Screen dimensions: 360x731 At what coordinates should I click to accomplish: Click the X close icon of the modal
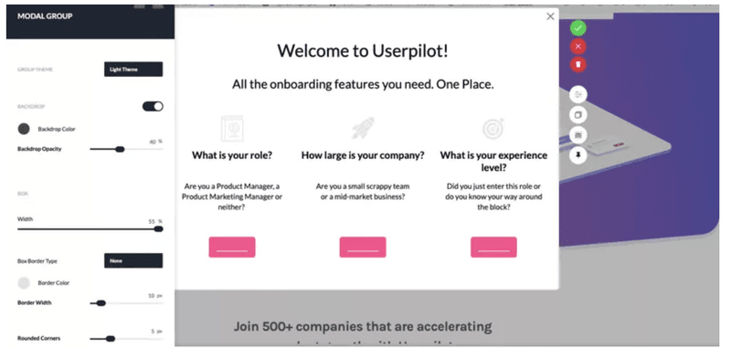(550, 16)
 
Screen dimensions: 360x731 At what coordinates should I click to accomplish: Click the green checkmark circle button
(577, 27)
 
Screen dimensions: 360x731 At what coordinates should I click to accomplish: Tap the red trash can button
(577, 64)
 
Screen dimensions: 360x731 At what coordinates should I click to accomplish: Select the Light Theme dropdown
(132, 69)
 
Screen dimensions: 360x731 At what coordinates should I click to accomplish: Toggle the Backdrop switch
(153, 106)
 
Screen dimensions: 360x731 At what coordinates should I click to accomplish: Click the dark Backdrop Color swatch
(25, 129)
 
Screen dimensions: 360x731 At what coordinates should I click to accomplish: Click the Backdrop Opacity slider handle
(120, 149)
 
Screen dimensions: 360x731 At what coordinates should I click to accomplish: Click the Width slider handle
(158, 228)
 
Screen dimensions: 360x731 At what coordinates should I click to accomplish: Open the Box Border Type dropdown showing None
(132, 261)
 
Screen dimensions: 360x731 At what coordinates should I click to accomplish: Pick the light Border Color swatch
(25, 283)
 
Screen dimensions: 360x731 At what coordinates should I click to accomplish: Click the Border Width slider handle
(101, 302)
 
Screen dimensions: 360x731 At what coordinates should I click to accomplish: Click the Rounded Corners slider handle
(111, 338)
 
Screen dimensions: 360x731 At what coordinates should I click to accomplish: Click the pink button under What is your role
(232, 247)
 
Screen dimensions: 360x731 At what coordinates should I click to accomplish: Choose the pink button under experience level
(493, 247)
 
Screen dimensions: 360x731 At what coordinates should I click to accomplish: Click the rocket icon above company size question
(363, 127)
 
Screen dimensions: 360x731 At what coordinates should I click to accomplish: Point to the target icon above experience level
(493, 127)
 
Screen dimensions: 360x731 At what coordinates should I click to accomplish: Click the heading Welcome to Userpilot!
(366, 50)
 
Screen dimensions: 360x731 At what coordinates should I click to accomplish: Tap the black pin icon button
(577, 156)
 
